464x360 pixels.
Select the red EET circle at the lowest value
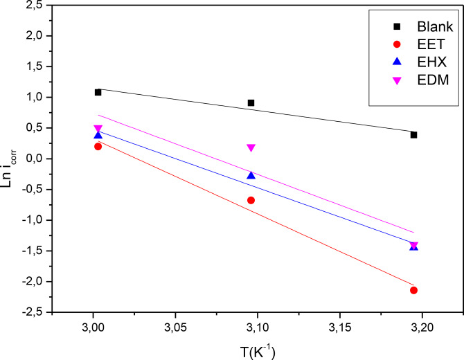point(413,290)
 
